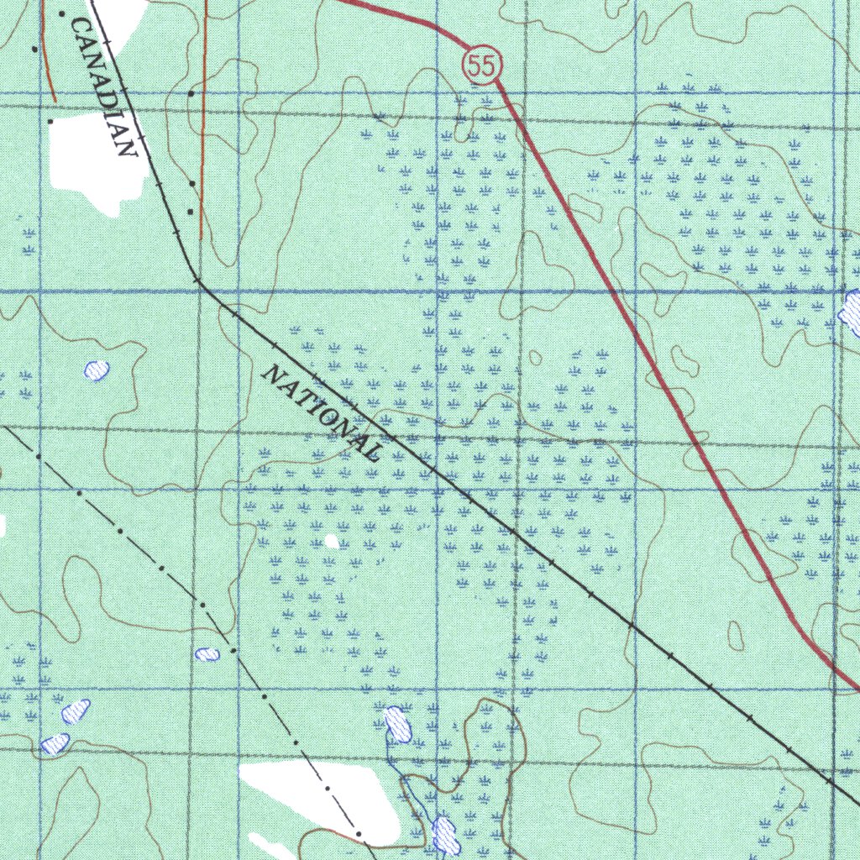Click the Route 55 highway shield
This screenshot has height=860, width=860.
482,66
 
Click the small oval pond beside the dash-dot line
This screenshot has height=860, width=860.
207,653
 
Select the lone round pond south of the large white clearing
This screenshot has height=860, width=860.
97,369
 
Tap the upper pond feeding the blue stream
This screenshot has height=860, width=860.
397,724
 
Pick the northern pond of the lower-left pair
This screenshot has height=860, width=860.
76,711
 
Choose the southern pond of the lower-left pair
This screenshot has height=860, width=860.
55,743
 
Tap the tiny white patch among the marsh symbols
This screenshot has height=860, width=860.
332,542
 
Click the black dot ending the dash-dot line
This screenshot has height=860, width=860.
359,834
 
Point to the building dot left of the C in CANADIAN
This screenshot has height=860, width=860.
61,14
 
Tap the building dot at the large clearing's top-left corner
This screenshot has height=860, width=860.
50,121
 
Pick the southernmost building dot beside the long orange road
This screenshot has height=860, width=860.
191,211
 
